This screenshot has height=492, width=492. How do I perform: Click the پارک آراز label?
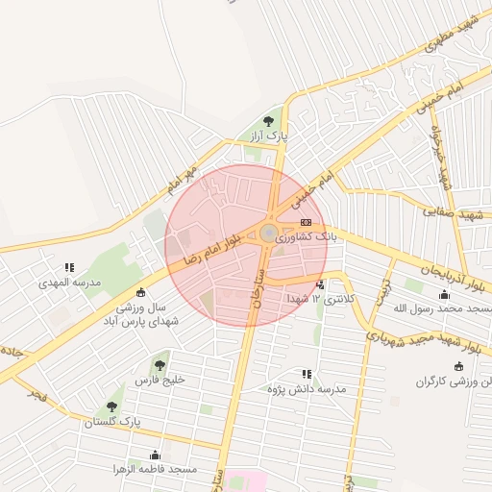(x=269, y=137)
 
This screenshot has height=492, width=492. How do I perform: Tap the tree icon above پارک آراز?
(x=268, y=121)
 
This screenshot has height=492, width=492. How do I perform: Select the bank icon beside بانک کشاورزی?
(x=306, y=223)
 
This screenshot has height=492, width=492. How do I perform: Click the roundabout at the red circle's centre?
(x=268, y=234)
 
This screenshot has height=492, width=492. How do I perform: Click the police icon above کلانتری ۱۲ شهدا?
(x=320, y=284)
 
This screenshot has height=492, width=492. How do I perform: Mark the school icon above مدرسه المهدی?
(x=68, y=268)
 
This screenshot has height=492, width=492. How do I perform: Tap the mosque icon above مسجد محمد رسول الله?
(x=443, y=295)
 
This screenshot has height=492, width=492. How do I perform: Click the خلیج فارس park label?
(x=159, y=381)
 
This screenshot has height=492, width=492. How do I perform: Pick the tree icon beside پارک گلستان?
(x=112, y=407)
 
